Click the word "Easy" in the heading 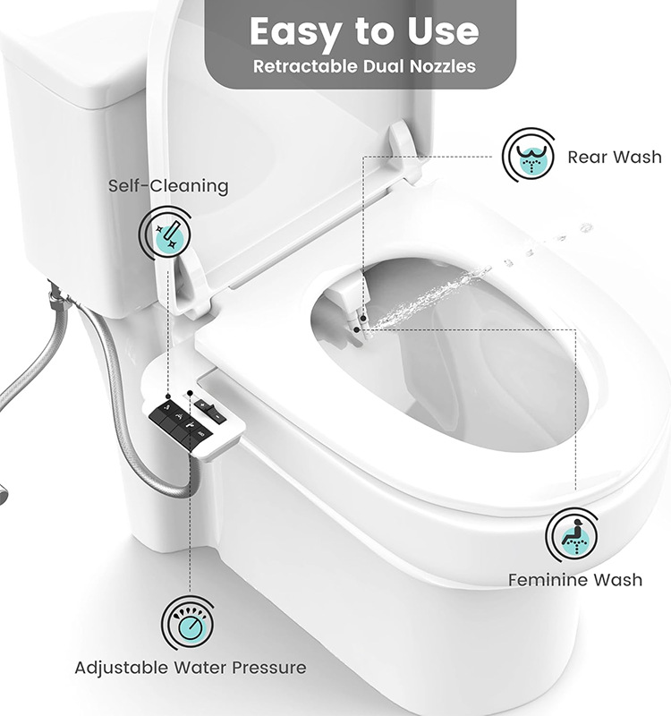coord(295,32)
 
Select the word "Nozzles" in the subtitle coord(442,66)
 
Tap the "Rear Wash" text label coord(615,158)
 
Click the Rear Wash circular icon coord(529,155)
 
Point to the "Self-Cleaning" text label coord(168,186)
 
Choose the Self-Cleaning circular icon coord(166,234)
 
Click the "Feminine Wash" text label coord(574,580)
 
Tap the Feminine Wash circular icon coord(573,535)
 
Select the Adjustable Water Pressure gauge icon coord(188,623)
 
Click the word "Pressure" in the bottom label coord(269,668)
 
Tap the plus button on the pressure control coord(202,405)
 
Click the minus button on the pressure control coord(217,417)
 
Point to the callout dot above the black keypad coord(168,396)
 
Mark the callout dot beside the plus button coord(190,393)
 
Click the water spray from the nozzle coord(429,297)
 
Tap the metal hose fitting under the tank coord(58,294)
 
